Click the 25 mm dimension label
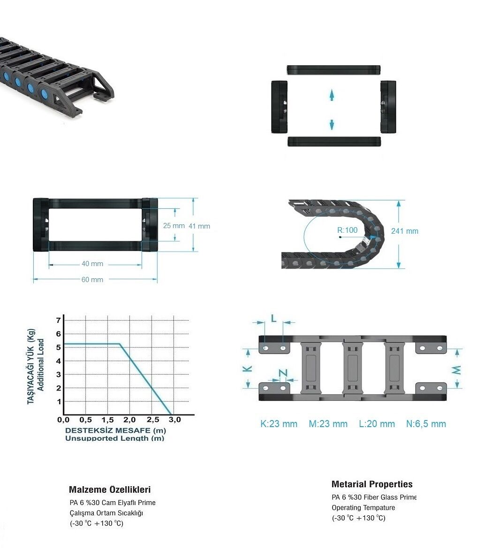pos(174,226)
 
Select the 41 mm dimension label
pos(199,226)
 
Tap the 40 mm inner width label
pos(92,264)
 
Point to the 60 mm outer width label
pos(92,280)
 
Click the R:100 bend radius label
pos(347,230)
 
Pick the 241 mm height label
pos(405,231)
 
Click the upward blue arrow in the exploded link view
pos(332,95)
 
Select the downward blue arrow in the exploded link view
pos(332,124)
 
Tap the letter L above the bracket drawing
pos(274,318)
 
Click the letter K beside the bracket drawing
pos(248,368)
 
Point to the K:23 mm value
pos(279,424)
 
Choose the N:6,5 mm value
pos(426,424)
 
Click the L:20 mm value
pos(377,424)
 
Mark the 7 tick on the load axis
pos(58,320)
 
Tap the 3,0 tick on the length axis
pos(174,420)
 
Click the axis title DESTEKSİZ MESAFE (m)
pos(115,430)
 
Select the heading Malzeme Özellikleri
pos(110,490)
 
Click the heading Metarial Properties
pos(372,484)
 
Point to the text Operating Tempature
pos(364,507)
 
